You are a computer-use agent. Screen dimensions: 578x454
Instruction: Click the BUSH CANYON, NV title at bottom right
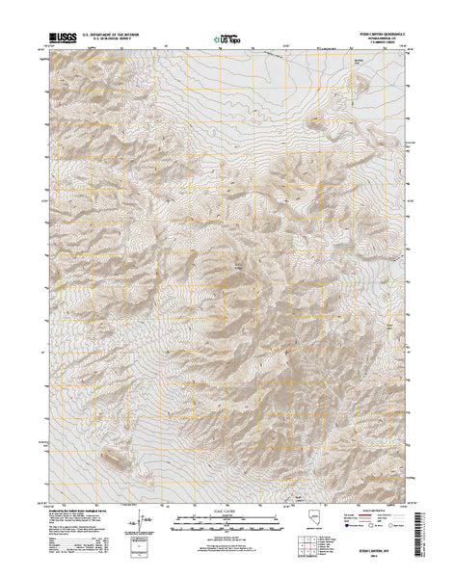click(x=381, y=551)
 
